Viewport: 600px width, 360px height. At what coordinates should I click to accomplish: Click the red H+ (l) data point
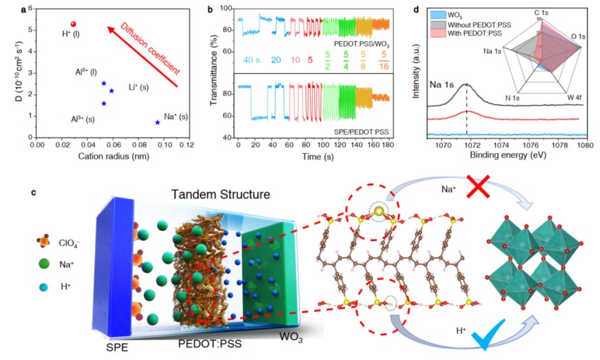click(73, 24)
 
